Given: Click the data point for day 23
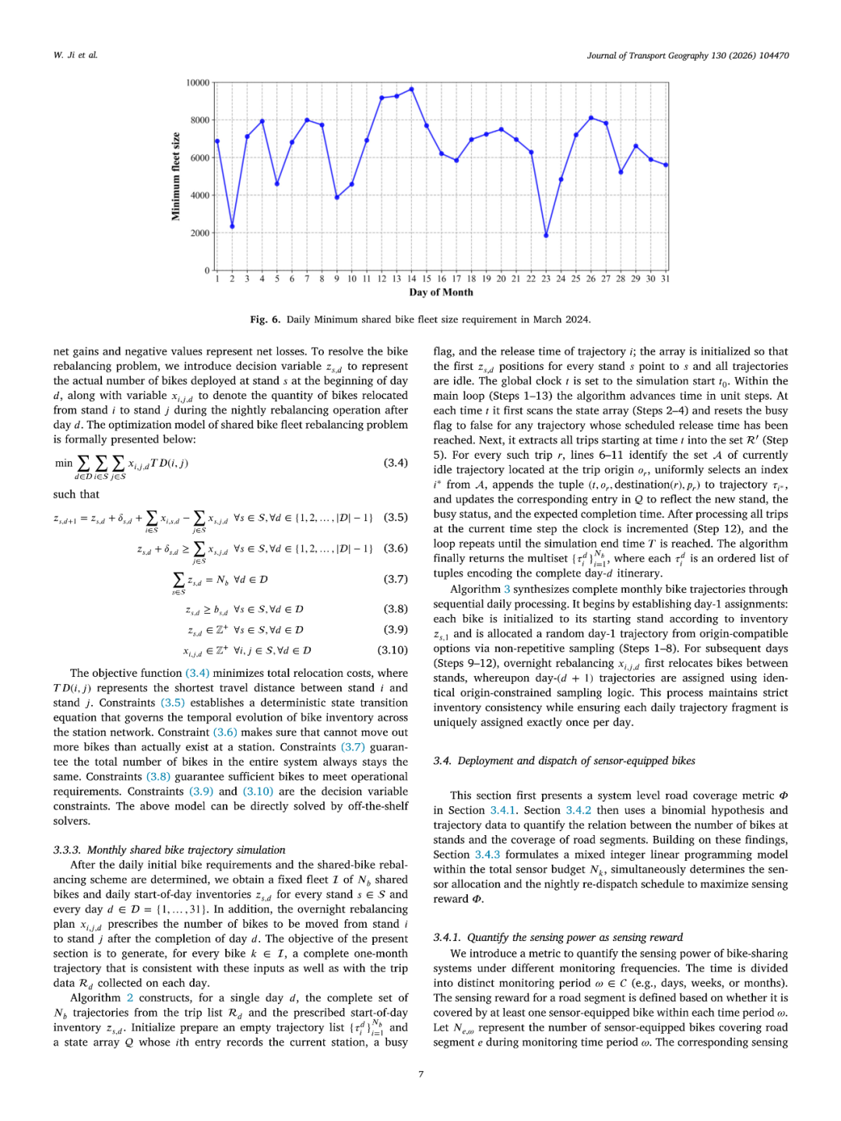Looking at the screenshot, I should [546, 234].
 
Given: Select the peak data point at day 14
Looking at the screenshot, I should [411, 89].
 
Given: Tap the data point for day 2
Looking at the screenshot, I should [232, 227].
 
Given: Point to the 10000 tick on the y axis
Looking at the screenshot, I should [198, 83].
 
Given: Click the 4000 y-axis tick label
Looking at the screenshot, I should [199, 196].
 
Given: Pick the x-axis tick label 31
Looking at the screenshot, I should [665, 279].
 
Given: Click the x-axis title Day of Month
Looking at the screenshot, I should [441, 293].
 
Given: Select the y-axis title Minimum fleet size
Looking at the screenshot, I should [176, 177].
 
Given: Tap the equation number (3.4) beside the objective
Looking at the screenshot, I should [396, 463].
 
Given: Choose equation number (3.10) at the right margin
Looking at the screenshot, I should [392, 650].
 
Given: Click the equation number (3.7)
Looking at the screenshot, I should [396, 580].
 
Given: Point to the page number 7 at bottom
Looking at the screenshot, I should [421, 1074].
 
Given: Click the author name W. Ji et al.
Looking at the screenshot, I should [76, 55].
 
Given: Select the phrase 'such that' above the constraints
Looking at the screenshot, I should [76, 494].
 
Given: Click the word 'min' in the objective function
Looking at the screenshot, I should [64, 463].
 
